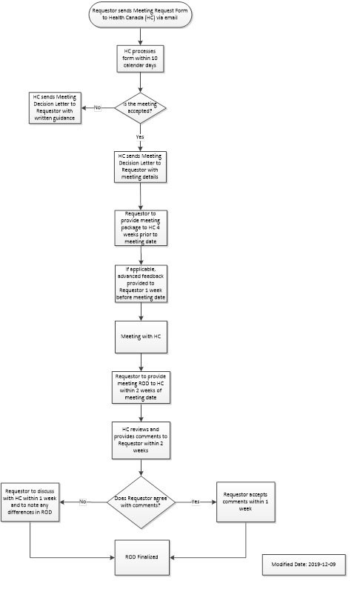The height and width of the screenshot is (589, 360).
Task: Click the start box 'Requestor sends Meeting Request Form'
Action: coord(140,15)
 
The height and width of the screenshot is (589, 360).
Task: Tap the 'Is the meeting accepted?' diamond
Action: coord(140,107)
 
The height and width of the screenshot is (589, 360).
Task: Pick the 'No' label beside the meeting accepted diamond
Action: coord(98,108)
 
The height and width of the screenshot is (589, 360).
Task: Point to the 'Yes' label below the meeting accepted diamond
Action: coord(140,137)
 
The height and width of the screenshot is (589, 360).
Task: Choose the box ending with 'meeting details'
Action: coord(140,167)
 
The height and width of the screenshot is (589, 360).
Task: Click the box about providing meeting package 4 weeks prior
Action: coord(140,227)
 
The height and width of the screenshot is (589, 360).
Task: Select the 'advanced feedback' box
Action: coord(140,283)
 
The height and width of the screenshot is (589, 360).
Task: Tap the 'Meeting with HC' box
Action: coord(140,336)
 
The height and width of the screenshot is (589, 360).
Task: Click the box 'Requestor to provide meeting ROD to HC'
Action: coord(140,387)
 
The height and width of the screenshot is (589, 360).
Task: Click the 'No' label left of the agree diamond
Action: coord(84,502)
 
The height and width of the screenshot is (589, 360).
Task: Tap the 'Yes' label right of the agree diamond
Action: coord(195,502)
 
